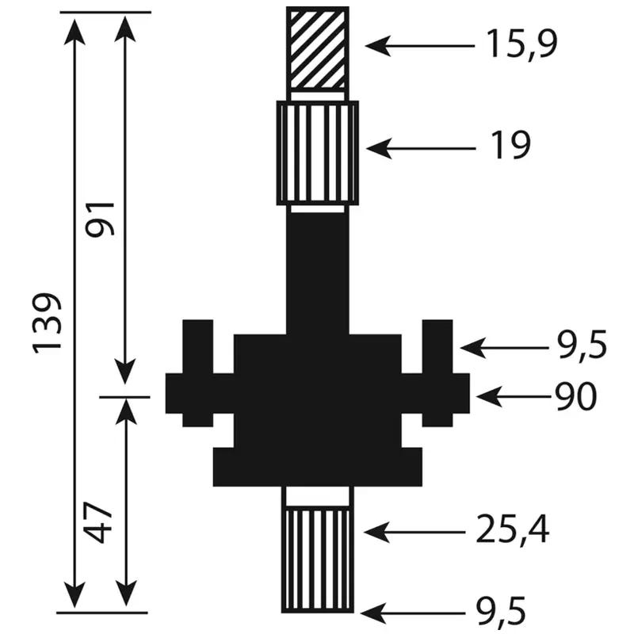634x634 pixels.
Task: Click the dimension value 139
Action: (x=48, y=323)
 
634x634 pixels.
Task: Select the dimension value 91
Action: (x=100, y=220)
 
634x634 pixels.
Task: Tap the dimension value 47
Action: (x=98, y=522)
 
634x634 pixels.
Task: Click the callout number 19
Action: (x=510, y=145)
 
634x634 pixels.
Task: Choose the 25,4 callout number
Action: (x=513, y=530)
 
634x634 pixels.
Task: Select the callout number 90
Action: (x=575, y=397)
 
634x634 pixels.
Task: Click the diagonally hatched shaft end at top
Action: (x=318, y=49)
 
